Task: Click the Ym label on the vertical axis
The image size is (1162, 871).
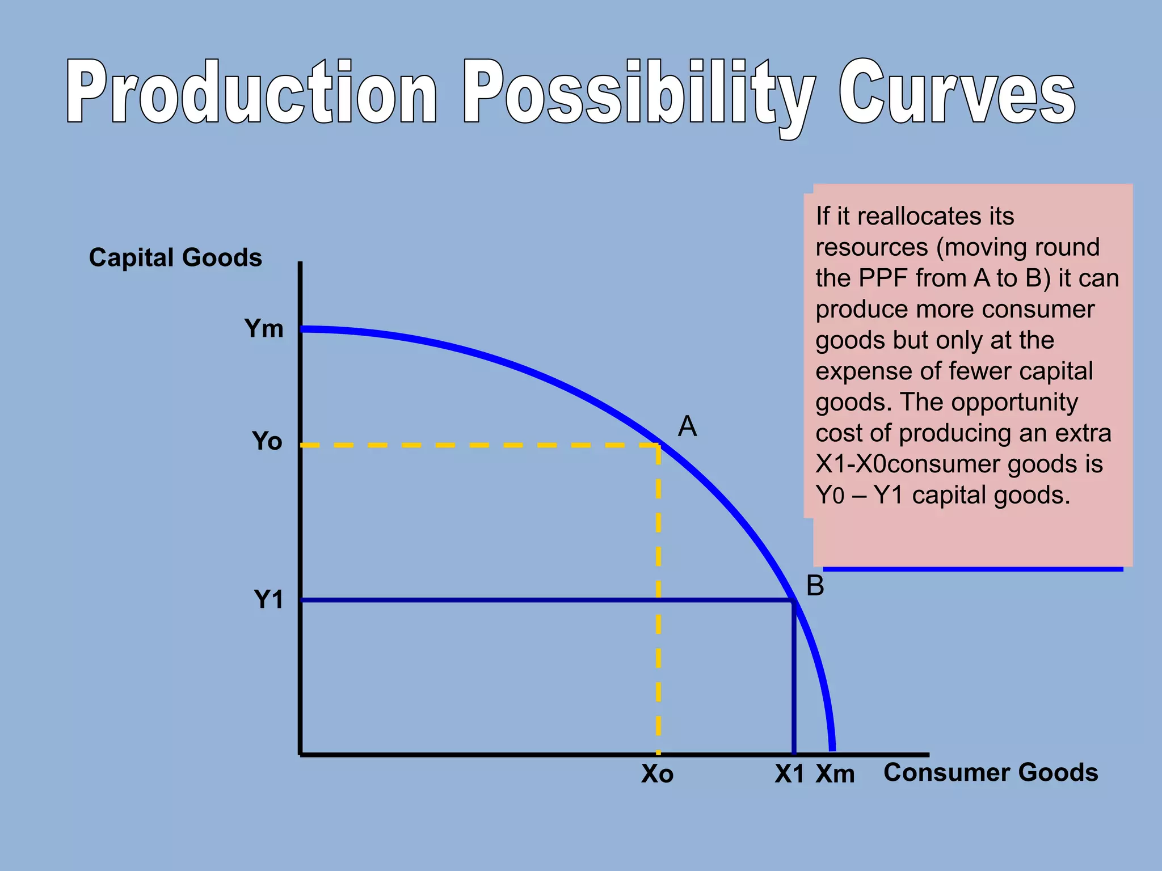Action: (264, 329)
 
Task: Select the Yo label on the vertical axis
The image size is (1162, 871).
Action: (267, 441)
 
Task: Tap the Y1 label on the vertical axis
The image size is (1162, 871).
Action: (268, 600)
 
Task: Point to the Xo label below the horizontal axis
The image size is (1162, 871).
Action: (657, 774)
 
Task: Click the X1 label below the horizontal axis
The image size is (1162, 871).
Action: (789, 774)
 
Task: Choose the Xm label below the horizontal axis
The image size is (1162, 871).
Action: (835, 774)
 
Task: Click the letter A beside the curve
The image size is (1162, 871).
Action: (687, 426)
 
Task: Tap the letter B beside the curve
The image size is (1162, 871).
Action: (815, 586)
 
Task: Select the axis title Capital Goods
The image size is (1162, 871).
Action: (175, 257)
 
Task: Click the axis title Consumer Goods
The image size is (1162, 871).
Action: (991, 772)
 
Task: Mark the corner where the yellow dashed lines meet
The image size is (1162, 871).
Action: (658, 446)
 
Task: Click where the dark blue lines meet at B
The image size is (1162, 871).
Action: (793, 600)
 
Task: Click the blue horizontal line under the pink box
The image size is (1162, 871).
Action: (972, 569)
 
